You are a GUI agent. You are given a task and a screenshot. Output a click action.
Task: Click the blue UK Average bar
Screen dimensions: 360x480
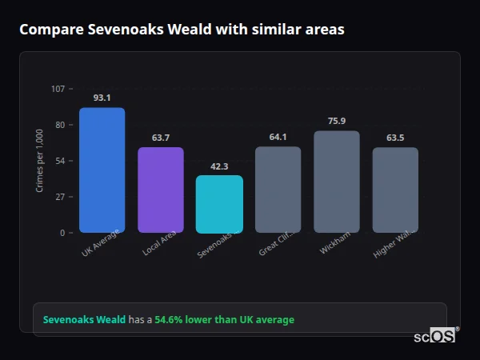(x=102, y=170)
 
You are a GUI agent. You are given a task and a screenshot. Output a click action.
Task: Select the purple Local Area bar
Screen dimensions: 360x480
(x=161, y=190)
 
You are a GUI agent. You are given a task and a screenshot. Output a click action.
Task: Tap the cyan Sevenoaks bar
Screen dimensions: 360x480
(x=219, y=204)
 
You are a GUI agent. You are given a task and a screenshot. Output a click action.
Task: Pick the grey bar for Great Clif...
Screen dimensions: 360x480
(x=278, y=190)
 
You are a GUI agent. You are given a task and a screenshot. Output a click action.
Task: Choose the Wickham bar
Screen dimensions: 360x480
(x=337, y=182)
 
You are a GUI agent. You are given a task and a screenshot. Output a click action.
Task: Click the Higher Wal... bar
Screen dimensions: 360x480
(x=395, y=190)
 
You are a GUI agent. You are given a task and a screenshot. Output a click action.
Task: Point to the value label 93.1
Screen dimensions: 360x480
(x=102, y=98)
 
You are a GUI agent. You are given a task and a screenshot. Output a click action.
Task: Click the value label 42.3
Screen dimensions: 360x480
(x=219, y=166)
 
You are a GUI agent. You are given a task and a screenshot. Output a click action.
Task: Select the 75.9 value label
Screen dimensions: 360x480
(x=337, y=121)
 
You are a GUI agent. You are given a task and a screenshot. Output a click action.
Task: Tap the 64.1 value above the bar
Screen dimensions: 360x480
(x=278, y=137)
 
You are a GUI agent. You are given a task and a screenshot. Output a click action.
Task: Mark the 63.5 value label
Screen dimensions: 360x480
(x=395, y=138)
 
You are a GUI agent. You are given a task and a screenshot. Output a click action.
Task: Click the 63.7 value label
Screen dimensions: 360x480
(x=161, y=138)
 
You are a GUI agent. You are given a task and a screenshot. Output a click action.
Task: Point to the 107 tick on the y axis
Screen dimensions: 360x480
(x=58, y=89)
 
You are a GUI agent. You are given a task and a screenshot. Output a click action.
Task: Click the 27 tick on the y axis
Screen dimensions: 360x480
(x=60, y=197)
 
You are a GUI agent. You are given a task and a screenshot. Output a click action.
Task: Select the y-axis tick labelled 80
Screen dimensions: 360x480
(x=60, y=125)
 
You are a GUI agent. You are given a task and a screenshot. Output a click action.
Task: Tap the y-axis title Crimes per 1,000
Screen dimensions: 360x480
(x=40, y=161)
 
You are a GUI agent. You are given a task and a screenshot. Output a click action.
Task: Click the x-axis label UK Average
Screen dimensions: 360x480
(x=101, y=243)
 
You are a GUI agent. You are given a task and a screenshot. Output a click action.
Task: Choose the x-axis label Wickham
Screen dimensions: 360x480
(x=334, y=244)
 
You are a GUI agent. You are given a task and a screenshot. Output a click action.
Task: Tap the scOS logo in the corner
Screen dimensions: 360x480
(x=435, y=336)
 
